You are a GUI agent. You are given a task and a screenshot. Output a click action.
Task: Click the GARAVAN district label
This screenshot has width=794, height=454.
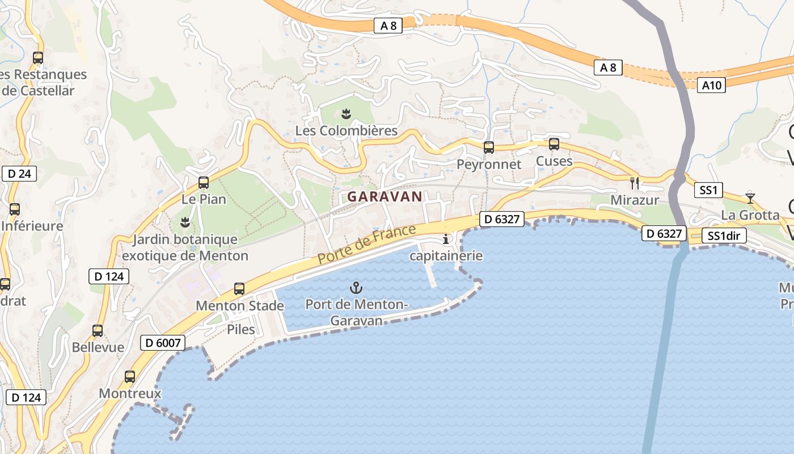[385, 197]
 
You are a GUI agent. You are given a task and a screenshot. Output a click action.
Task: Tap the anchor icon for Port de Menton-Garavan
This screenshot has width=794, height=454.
[356, 287]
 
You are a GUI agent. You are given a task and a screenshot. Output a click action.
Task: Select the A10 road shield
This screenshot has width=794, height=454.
[711, 85]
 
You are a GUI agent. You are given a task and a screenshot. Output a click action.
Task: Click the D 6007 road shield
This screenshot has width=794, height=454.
[163, 342]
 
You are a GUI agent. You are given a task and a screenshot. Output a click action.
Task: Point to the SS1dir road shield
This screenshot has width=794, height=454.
[724, 236]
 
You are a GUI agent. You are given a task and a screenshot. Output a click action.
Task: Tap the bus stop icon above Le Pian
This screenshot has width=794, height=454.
[204, 183]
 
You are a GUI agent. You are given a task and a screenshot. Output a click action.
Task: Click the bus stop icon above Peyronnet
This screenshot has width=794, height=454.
[488, 148]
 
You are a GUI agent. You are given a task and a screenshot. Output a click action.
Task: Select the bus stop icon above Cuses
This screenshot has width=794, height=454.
[554, 144]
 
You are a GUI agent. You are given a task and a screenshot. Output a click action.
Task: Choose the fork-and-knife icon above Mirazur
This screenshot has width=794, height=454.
[635, 183]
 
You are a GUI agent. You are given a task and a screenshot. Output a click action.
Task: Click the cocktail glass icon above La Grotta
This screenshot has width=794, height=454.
[750, 197]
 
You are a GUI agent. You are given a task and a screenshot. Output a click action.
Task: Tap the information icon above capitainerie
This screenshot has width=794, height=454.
[446, 238]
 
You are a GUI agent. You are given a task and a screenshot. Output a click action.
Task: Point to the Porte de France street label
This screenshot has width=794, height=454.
[367, 244]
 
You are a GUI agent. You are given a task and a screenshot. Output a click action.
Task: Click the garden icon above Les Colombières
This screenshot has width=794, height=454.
[347, 114]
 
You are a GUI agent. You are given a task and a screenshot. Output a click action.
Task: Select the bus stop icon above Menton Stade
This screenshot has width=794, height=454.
[239, 289]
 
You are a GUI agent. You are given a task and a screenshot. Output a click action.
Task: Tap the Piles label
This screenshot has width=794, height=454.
[241, 329]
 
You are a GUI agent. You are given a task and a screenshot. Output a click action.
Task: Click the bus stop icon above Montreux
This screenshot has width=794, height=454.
[130, 376]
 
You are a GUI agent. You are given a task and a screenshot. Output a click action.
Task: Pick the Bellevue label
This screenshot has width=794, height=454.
[98, 347]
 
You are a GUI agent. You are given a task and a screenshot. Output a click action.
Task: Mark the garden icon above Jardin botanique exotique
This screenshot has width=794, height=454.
[185, 222]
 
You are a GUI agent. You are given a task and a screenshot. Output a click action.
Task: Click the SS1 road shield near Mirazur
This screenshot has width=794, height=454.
[709, 190]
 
